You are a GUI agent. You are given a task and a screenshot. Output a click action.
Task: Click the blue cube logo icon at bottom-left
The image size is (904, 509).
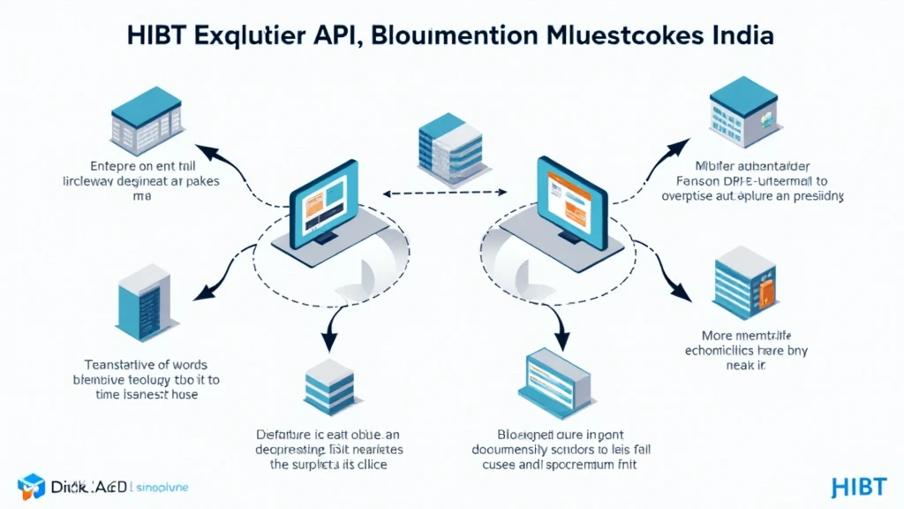[31, 486]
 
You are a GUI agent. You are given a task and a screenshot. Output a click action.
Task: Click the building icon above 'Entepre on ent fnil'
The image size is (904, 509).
[141, 125]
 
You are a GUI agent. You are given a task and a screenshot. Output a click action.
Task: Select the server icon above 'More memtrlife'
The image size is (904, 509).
[745, 283]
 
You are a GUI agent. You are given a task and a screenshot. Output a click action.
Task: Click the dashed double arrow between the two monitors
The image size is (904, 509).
[441, 190]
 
